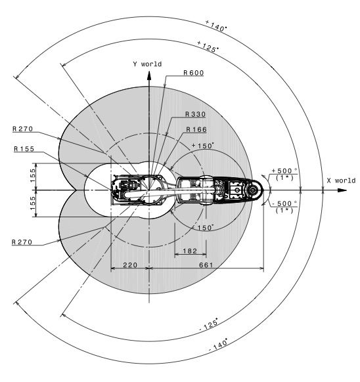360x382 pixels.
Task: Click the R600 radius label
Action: click(193, 73)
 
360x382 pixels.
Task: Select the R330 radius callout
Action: click(195, 114)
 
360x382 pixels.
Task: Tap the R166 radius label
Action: click(196, 129)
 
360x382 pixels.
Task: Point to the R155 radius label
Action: click(24, 149)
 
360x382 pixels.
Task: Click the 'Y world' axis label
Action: click(147, 64)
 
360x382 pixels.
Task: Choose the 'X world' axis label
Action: click(341, 180)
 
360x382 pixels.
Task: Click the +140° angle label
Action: click(216, 26)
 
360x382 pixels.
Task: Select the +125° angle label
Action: click(208, 47)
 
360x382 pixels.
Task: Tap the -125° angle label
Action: click(208, 324)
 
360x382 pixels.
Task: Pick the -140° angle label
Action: click(219, 345)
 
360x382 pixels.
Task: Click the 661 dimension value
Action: click(206, 265)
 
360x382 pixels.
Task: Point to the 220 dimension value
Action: click(130, 265)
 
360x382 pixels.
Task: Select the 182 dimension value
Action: click(190, 251)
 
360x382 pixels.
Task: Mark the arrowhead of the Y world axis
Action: click(149, 75)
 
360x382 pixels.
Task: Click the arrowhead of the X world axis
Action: click(342, 190)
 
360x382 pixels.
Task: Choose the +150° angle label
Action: click(203, 146)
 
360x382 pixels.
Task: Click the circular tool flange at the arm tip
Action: click(252, 190)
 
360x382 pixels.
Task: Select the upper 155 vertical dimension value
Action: click(33, 175)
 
